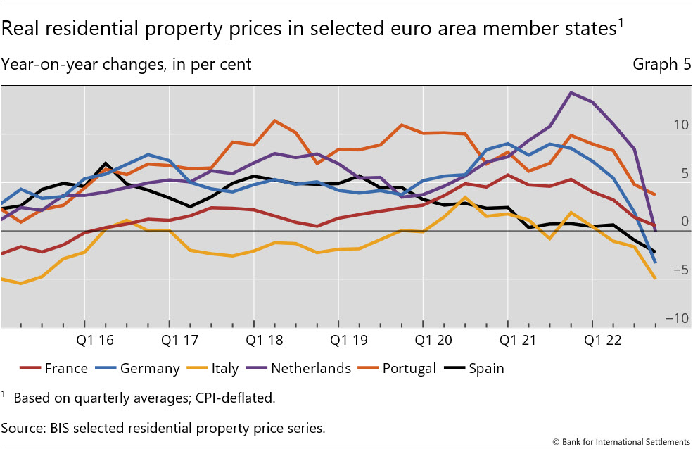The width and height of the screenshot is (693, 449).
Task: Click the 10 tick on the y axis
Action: coord(680,125)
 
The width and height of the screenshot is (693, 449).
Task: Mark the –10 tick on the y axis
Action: coord(677,319)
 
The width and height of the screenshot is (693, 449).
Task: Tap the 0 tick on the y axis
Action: coord(684,222)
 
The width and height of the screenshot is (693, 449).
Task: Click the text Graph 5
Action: coord(661,64)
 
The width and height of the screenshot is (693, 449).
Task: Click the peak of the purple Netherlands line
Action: coord(571,92)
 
